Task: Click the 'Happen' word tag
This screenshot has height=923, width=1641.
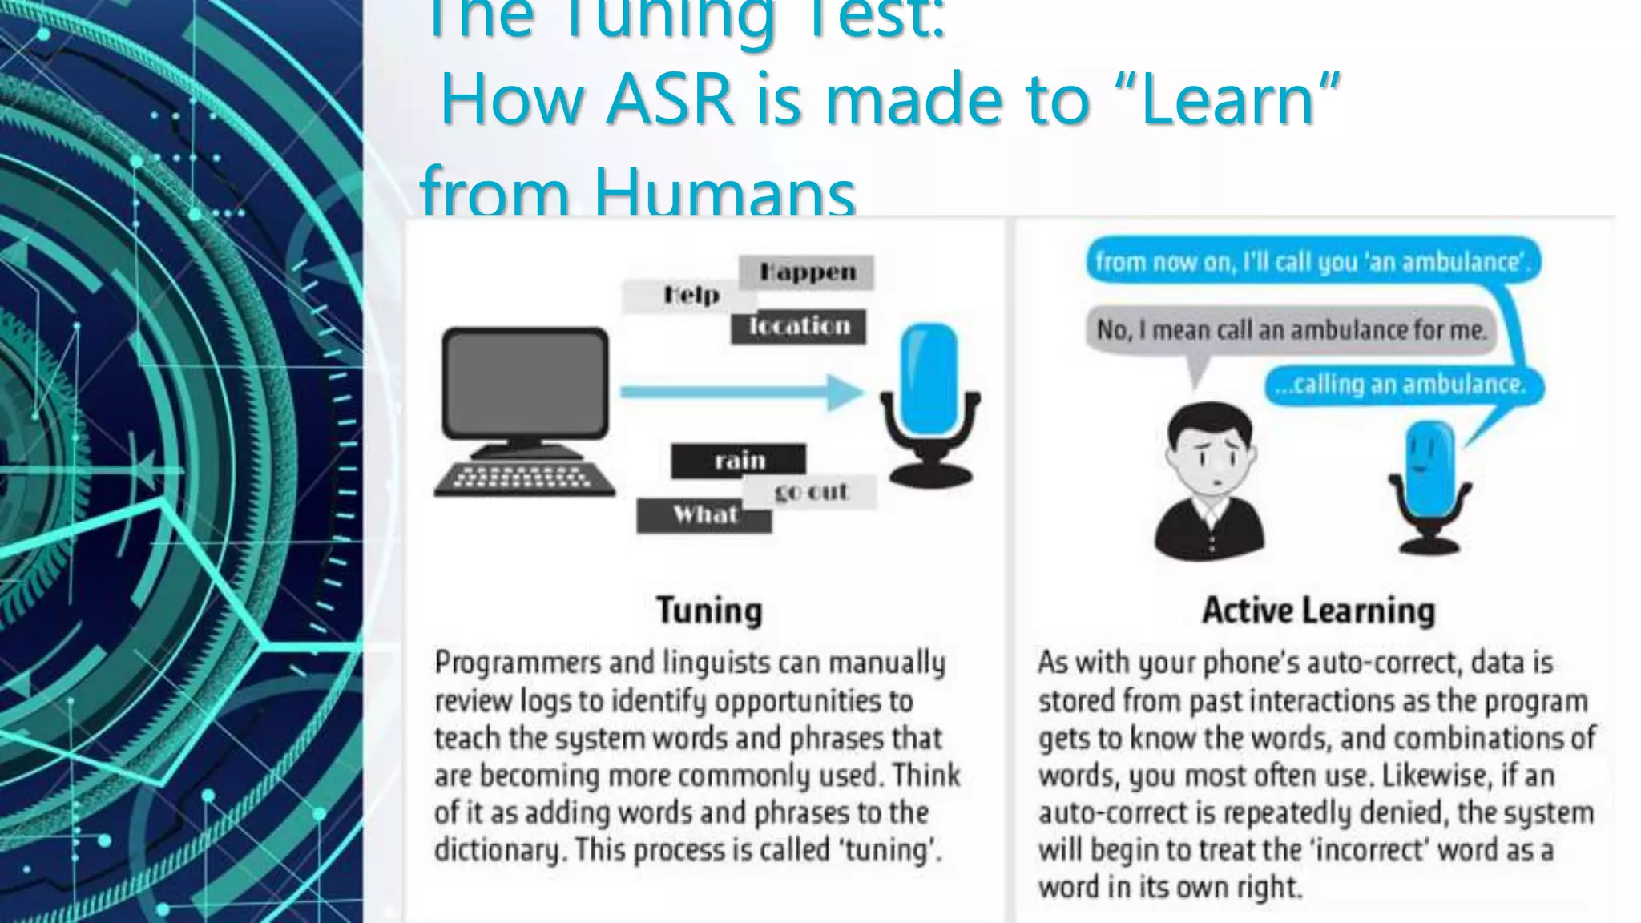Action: tap(806, 272)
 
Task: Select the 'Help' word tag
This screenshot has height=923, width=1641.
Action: tap(691, 296)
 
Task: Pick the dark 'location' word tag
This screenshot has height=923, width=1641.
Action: tap(799, 326)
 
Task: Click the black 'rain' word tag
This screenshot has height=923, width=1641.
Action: tap(739, 461)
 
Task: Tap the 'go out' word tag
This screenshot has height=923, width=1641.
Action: tap(811, 491)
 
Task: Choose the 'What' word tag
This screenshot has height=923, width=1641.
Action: tap(704, 514)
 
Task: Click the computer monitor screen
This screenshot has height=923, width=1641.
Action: tap(525, 382)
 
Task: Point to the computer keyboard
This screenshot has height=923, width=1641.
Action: tap(524, 478)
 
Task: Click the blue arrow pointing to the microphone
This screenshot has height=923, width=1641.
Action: tap(741, 392)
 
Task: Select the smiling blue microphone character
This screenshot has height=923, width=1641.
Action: tap(1429, 481)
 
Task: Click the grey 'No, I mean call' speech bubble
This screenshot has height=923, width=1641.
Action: tap(1290, 330)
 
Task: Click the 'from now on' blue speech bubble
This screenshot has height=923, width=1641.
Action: tap(1312, 262)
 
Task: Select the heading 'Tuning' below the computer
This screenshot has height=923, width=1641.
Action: tap(709, 610)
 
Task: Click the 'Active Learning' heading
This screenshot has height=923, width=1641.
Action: tap(1318, 610)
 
